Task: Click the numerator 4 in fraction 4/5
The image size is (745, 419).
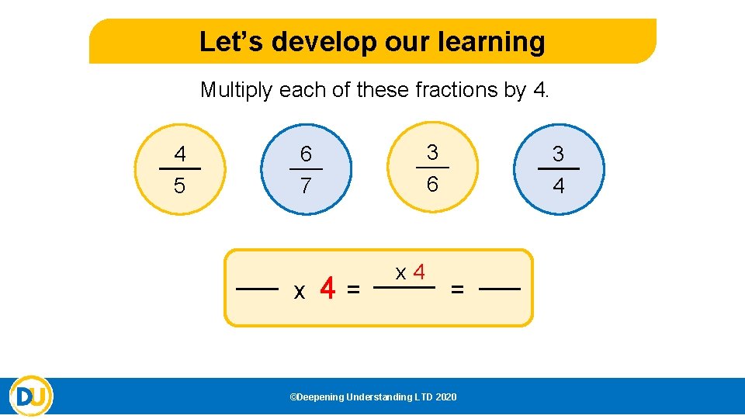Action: (x=180, y=154)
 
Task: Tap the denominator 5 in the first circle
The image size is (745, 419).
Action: (x=180, y=187)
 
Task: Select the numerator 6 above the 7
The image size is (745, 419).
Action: (x=306, y=155)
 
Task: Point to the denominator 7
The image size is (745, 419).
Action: (x=306, y=187)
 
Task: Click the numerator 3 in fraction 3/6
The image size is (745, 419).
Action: (x=432, y=151)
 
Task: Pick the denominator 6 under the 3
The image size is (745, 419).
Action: (x=432, y=185)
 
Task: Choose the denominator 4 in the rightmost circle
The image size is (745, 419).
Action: (x=558, y=187)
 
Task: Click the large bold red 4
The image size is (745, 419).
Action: (x=328, y=289)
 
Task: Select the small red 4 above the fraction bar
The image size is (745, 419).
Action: (x=419, y=272)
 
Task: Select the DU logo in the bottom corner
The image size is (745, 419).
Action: (x=31, y=396)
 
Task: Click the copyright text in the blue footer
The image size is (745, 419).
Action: (x=373, y=397)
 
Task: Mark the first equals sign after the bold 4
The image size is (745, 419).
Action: (x=353, y=289)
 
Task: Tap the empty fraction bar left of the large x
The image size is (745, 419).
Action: (x=257, y=289)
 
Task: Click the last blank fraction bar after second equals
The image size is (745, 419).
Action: (x=500, y=289)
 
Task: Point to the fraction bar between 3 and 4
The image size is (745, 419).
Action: (x=558, y=168)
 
